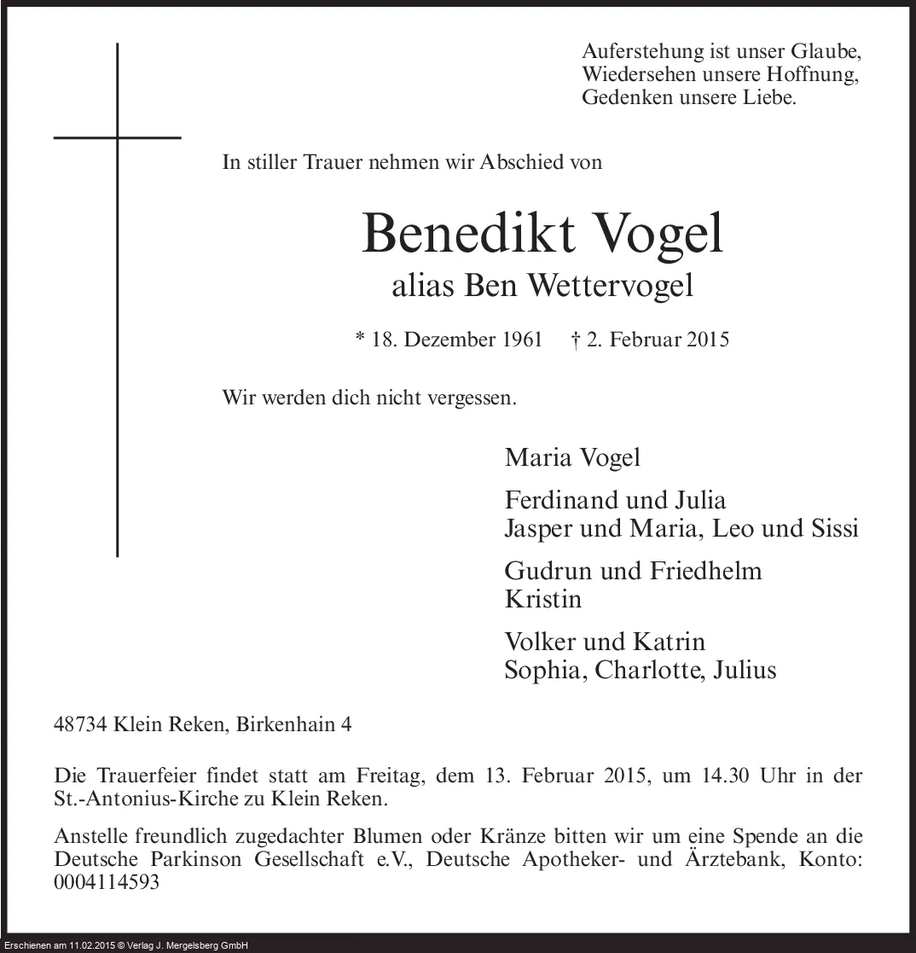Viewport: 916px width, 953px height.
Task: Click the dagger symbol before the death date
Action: click(575, 340)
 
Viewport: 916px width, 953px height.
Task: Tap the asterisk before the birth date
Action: click(360, 338)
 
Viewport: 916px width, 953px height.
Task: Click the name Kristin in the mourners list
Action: click(543, 598)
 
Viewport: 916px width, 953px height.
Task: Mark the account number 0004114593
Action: click(107, 883)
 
